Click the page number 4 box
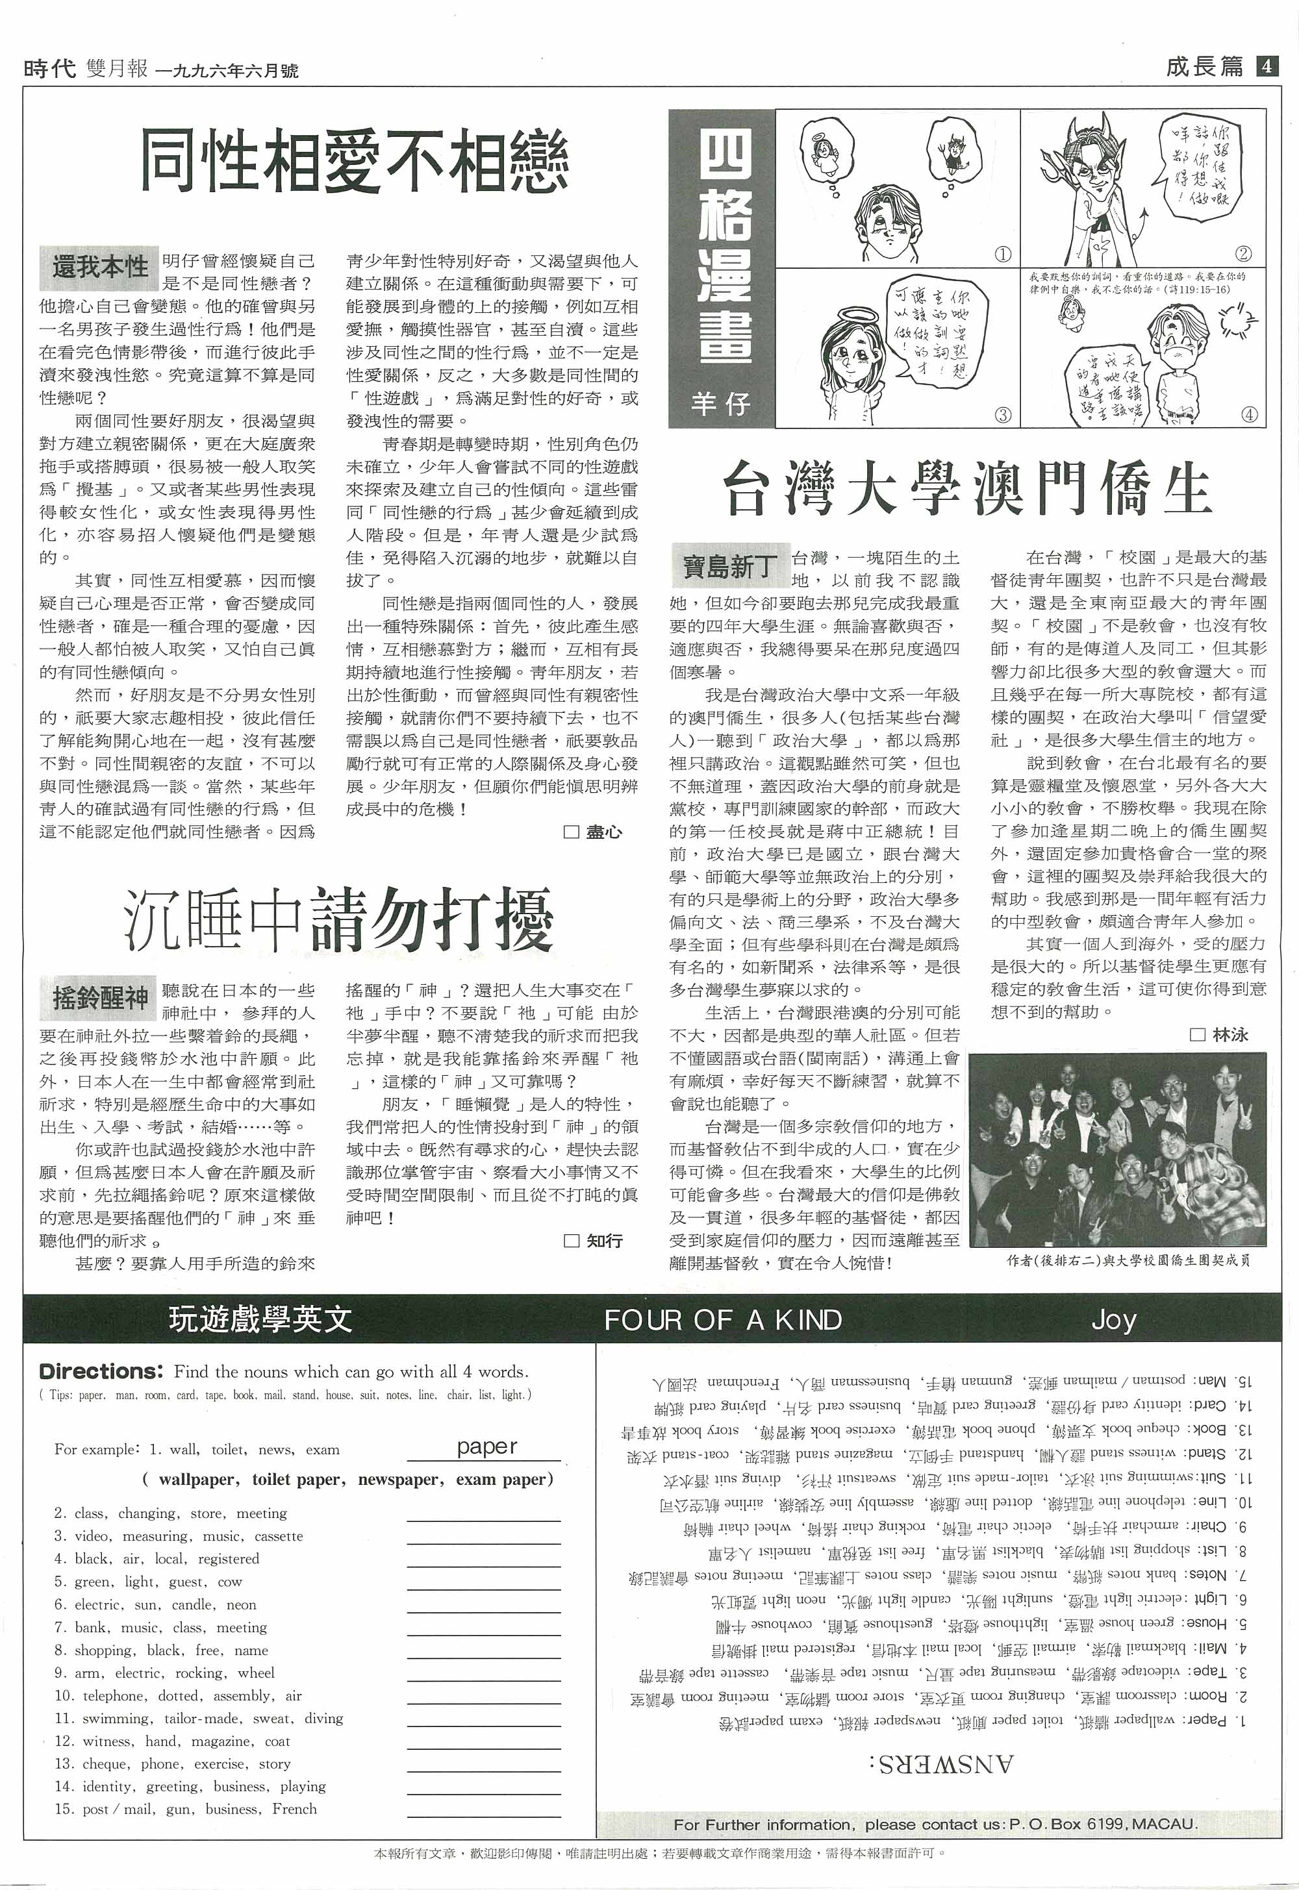pyautogui.click(x=1267, y=66)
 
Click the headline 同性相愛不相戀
pyautogui.click(x=355, y=160)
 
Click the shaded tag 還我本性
pyautogui.click(x=99, y=267)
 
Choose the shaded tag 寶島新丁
pyautogui.click(x=729, y=566)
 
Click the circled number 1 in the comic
pyautogui.click(x=1003, y=255)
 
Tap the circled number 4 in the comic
pyautogui.click(x=1250, y=414)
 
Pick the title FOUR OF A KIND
pyautogui.click(x=723, y=1320)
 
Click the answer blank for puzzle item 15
pyautogui.click(x=483, y=1810)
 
